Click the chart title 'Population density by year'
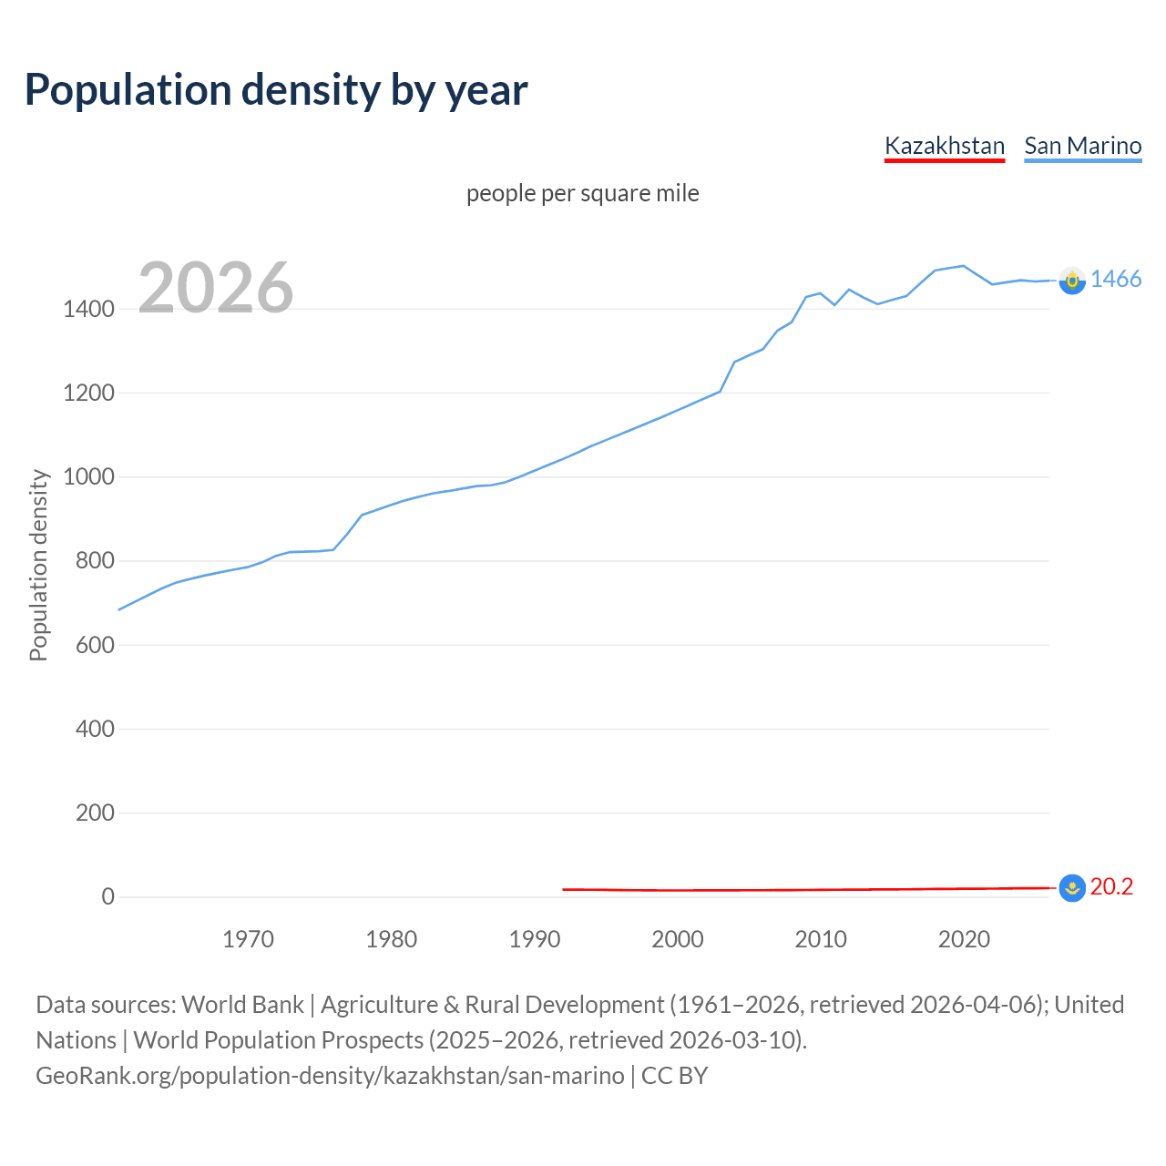coord(276,90)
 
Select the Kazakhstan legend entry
coord(944,146)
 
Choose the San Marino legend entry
coord(1082,146)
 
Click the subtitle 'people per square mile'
coord(582,193)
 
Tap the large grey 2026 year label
coord(216,288)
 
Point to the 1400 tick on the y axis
coord(88,310)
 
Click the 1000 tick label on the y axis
coord(88,477)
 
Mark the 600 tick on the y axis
coord(95,645)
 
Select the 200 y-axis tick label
coord(95,813)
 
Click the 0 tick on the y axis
coord(108,896)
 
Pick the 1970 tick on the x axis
coord(248,939)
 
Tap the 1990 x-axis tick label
coord(534,939)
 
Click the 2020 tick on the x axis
coord(964,939)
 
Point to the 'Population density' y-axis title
coord(38,565)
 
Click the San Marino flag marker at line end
coord(1072,281)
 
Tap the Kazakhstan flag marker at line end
coord(1072,887)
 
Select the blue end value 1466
coord(1116,280)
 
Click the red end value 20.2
coord(1111,886)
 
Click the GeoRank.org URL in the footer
coord(330,1076)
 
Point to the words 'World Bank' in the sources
coord(242,1005)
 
